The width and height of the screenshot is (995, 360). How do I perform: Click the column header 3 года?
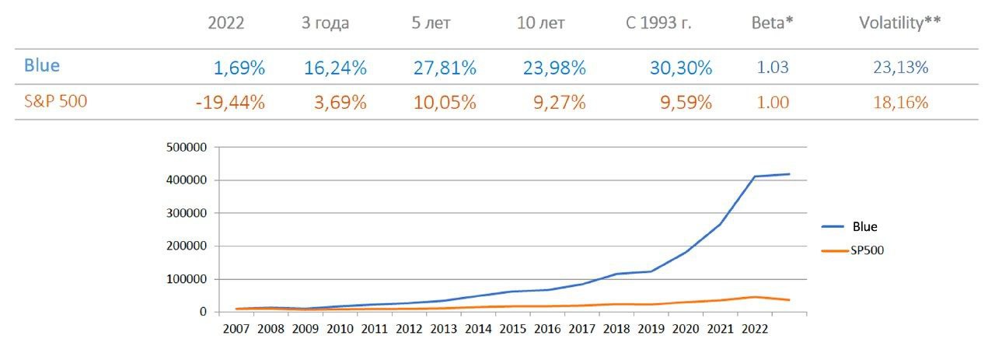pos(325,23)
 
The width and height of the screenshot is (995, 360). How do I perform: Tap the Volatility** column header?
pos(899,23)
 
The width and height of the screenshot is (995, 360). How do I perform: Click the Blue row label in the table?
pos(42,65)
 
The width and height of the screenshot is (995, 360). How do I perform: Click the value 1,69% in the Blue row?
pos(239,68)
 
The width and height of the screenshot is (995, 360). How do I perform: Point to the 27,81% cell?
pos(444,68)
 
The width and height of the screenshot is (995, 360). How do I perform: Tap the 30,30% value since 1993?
pos(680,68)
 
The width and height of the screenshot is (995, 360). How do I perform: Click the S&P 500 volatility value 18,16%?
pos(901,103)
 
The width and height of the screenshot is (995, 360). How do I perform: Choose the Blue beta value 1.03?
pos(773,68)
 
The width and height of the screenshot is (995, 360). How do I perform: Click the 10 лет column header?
pos(540,23)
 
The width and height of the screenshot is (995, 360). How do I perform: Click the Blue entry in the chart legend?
pos(864,227)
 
